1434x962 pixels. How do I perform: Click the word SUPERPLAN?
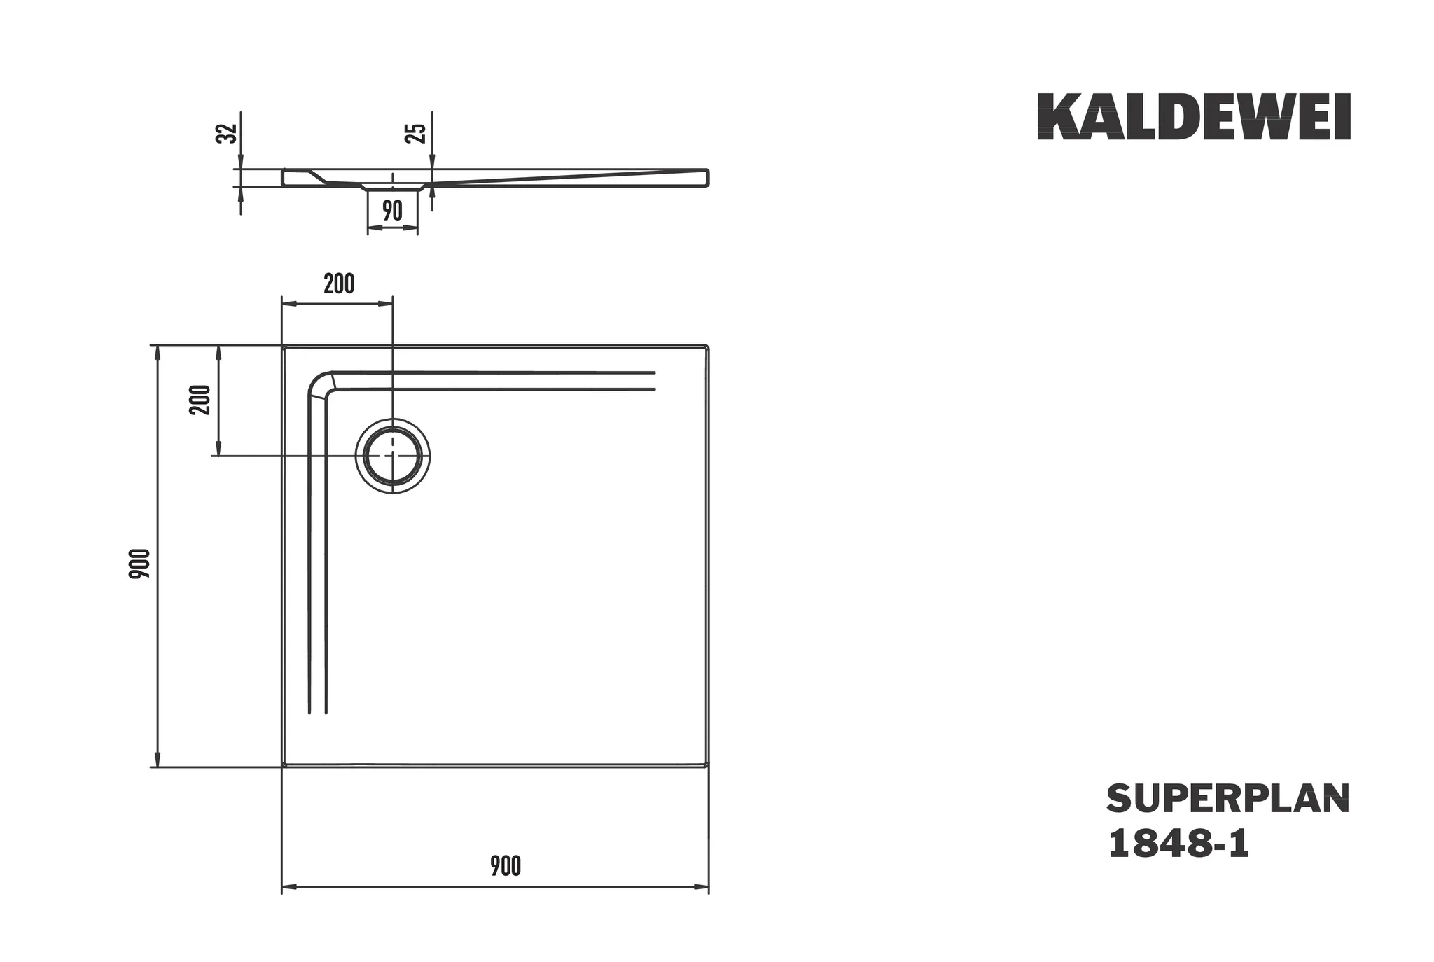pos(1227,799)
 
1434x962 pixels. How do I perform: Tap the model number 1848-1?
pos(1178,844)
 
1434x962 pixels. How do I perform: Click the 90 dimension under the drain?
pos(392,210)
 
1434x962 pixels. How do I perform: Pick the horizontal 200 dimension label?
pos(339,284)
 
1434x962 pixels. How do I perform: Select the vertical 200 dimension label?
pos(201,400)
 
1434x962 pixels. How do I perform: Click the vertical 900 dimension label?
pos(139,563)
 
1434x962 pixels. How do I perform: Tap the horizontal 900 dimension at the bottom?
pos(505,866)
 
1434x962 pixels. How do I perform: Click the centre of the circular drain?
pos(393,456)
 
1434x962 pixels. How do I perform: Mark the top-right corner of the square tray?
pos(707,347)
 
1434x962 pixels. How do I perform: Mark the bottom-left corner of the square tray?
pos(284,766)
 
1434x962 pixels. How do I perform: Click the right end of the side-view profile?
pos(707,177)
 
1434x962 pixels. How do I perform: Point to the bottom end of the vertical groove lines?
pos(318,713)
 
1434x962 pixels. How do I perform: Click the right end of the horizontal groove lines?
pos(654,381)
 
